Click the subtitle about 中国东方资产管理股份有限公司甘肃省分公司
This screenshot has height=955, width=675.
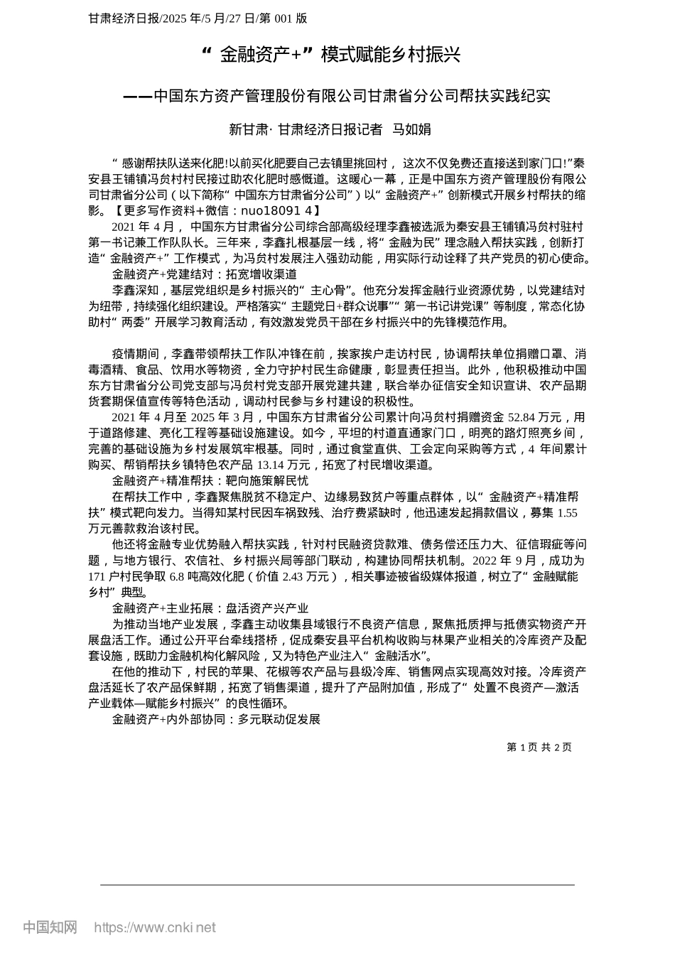pyautogui.click(x=337, y=96)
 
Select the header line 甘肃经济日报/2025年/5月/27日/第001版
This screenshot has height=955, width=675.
pyautogui.click(x=198, y=18)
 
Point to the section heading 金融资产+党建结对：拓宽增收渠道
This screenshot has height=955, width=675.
pyautogui.click(x=204, y=274)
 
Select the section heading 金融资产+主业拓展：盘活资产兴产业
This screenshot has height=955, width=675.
pyautogui.click(x=210, y=608)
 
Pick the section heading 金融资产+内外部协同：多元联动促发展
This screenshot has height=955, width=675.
pyautogui.click(x=217, y=719)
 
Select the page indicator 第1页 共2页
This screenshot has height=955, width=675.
pyautogui.click(x=539, y=747)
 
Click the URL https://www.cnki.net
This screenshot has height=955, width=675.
pyautogui.click(x=155, y=927)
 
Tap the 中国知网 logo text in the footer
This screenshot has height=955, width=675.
pyautogui.click(x=50, y=927)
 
